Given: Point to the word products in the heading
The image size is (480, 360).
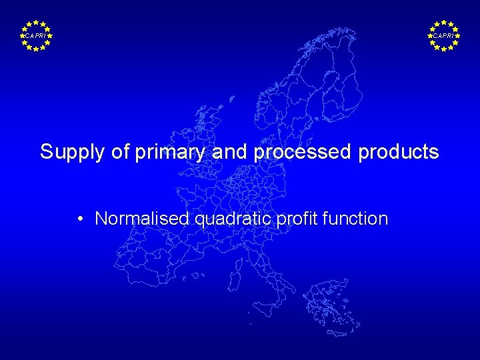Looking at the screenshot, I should pos(399,153).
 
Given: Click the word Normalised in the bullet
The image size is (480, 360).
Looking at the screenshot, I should pos(142,219).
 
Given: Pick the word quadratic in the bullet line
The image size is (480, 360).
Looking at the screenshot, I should pos(227,219).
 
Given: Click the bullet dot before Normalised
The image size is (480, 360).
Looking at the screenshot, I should pos(79,219).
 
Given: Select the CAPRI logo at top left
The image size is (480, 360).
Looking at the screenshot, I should pos(35,35).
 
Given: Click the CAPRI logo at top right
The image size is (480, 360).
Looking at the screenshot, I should pos(444,35).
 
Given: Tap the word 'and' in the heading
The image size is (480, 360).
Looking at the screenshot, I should pos(231,152).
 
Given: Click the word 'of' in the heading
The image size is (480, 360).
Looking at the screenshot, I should pos(121,152).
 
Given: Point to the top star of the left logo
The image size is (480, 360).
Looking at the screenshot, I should pos(35,22).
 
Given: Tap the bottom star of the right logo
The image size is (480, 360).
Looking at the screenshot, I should pos(444,49).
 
